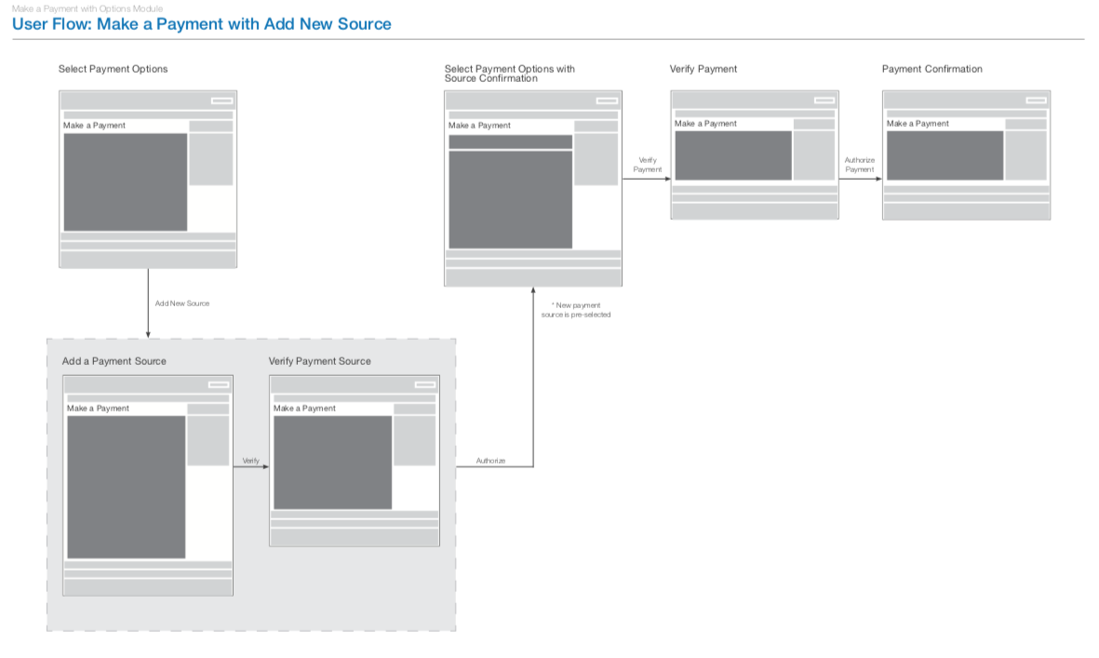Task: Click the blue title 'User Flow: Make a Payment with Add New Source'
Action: [x=202, y=24]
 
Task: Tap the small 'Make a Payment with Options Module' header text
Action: [x=87, y=8]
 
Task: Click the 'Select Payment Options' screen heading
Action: [x=113, y=69]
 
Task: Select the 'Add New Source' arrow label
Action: [x=182, y=303]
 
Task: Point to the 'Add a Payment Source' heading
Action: [x=114, y=361]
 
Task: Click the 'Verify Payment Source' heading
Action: [x=319, y=361]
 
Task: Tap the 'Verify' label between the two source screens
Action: [x=250, y=461]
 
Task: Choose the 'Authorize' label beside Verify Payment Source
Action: [x=490, y=461]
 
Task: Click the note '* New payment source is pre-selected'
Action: [x=576, y=310]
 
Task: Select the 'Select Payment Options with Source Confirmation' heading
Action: [x=510, y=74]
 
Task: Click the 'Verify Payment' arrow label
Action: [x=648, y=165]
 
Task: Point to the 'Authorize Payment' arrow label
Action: [x=860, y=165]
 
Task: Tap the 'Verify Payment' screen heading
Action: [x=704, y=69]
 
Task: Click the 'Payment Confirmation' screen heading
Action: [x=931, y=69]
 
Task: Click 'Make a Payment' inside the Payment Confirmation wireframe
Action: [x=918, y=124]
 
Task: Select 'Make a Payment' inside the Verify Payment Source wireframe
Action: [x=304, y=409]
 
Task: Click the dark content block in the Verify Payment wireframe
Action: [x=732, y=155]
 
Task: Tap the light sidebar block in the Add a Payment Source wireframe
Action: [x=208, y=440]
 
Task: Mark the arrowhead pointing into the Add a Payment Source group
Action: [x=148, y=334]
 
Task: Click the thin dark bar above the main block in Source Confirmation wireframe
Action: [x=510, y=141]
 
